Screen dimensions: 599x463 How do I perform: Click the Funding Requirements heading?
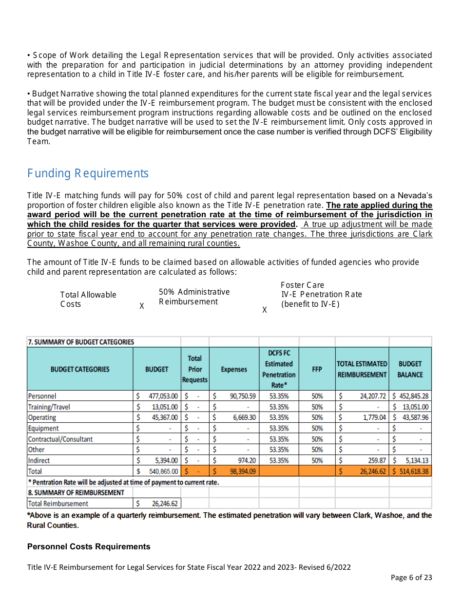[88, 173]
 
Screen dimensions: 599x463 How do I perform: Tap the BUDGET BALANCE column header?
[410, 369]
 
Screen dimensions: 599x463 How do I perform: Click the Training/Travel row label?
[49, 407]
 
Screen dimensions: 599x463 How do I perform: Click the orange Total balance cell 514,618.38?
[410, 471]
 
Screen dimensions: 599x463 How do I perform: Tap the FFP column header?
[317, 369]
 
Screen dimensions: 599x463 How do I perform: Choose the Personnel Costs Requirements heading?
[89, 546]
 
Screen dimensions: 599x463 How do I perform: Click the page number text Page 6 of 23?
[411, 578]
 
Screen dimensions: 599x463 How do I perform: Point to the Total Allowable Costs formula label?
[88, 299]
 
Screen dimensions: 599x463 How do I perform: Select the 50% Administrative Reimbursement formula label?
[194, 297]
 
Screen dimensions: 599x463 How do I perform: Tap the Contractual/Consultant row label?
[60, 439]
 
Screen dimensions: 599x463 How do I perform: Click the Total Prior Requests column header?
[194, 369]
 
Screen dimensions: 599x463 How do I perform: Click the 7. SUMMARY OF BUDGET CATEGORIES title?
[81, 342]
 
